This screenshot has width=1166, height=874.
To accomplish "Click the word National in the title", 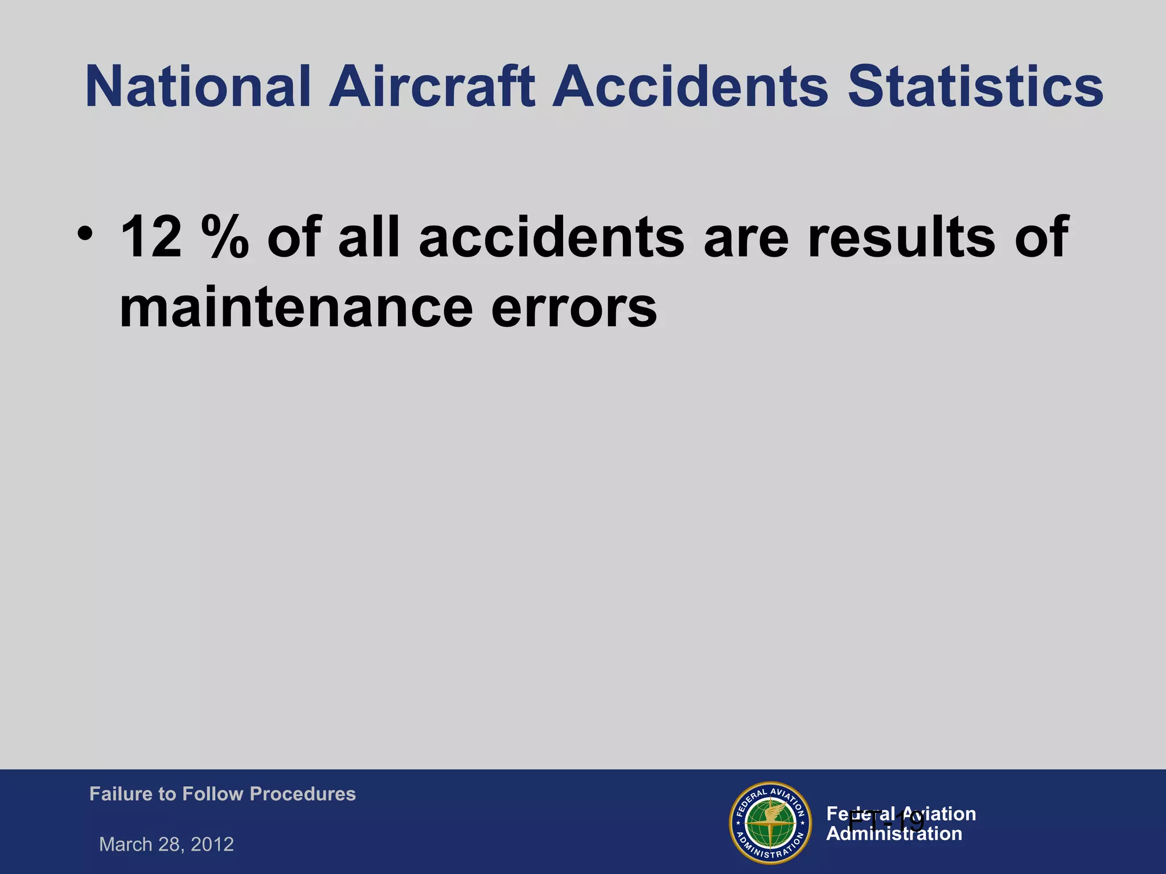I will (x=198, y=87).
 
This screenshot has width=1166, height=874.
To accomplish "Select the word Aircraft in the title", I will (x=432, y=87).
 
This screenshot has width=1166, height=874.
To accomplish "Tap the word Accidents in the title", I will (x=690, y=87).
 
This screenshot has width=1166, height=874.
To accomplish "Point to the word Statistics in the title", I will (x=975, y=87).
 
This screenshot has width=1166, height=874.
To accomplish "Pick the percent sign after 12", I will (x=224, y=237).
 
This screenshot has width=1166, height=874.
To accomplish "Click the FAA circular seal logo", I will (x=770, y=822).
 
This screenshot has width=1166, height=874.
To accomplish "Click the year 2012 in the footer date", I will (x=212, y=844).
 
